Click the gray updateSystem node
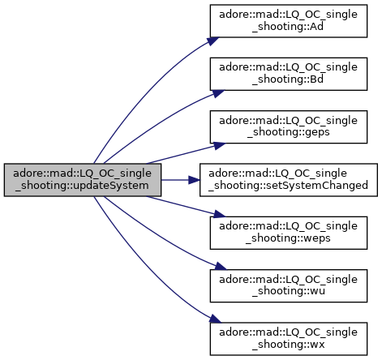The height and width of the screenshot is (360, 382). (83, 180)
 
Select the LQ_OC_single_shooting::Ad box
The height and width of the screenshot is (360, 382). (289, 21)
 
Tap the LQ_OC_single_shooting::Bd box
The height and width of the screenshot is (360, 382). (289, 74)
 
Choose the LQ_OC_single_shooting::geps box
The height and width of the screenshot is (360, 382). (289, 126)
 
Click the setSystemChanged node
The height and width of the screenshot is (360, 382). (289, 180)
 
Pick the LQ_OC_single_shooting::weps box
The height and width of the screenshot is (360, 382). (289, 233)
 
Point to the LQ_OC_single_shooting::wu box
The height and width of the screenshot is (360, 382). (289, 285)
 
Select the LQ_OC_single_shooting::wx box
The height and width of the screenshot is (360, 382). (289, 339)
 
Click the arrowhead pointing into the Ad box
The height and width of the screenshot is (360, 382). (213, 41)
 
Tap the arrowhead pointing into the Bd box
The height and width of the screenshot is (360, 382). (218, 93)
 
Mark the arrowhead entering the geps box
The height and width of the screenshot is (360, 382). (219, 145)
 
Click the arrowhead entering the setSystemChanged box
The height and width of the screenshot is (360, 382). (195, 180)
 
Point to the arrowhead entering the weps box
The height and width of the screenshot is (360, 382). (219, 214)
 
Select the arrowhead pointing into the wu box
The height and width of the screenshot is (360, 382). (221, 266)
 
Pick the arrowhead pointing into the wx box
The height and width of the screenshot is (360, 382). (215, 319)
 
